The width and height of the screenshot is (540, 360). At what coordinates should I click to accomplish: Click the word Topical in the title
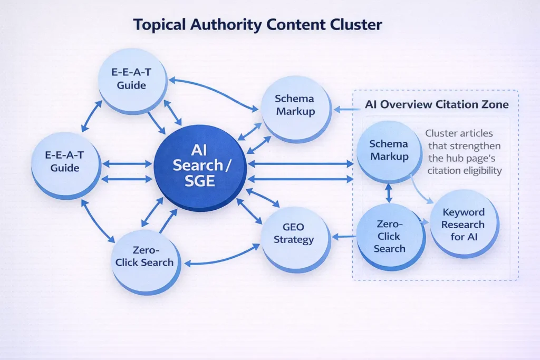(159, 24)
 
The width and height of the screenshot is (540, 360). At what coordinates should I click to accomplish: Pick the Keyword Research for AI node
(464, 223)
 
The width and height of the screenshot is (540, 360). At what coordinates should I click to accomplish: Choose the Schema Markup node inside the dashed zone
(389, 150)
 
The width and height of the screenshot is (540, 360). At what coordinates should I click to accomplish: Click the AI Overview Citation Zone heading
(437, 104)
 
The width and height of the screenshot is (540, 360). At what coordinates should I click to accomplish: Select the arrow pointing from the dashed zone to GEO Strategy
(344, 237)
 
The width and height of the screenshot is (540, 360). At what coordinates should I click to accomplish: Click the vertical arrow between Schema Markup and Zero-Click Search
(389, 192)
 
